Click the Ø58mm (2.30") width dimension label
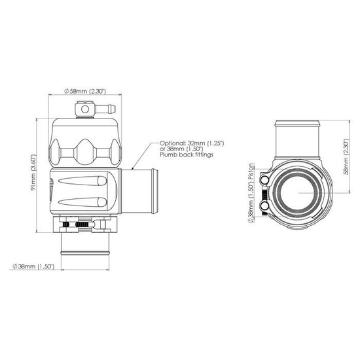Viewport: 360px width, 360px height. coord(86,90)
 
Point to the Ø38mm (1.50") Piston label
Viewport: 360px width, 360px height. coord(252,192)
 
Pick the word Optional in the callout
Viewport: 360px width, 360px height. coord(171,141)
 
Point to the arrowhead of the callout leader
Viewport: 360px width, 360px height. coord(129,168)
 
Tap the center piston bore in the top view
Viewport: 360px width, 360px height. coord(300,194)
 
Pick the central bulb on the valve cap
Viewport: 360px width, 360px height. coord(84,151)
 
